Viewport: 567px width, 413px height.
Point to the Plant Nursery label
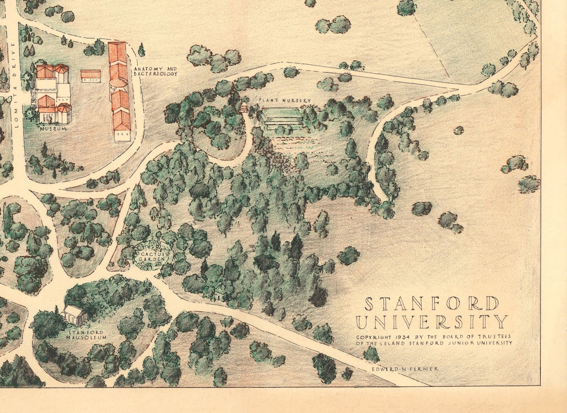(x=284, y=101)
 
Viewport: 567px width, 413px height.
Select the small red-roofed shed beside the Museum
(x=91, y=76)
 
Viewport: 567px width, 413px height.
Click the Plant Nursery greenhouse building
(x=282, y=117)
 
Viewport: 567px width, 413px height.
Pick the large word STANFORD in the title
(x=432, y=303)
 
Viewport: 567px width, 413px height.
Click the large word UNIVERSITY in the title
(x=432, y=321)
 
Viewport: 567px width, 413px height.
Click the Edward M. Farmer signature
(x=406, y=369)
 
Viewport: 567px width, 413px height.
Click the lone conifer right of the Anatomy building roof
(x=142, y=50)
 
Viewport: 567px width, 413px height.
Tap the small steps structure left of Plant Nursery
(x=244, y=107)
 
